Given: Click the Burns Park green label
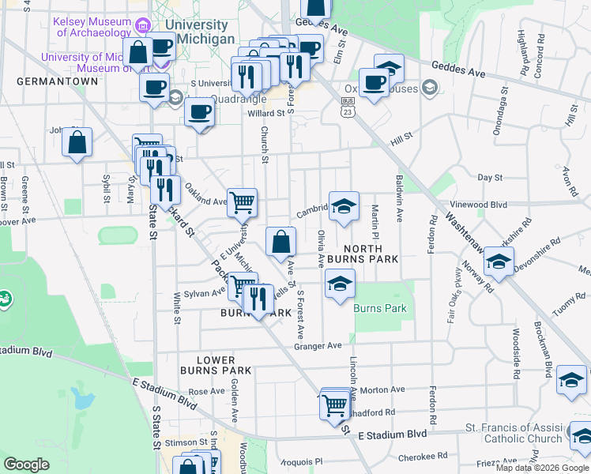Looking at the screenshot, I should (x=380, y=308).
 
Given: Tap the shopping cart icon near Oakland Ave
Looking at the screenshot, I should (x=243, y=202).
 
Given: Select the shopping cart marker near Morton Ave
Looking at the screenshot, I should (x=335, y=405).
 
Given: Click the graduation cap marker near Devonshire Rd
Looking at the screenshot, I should (x=499, y=262).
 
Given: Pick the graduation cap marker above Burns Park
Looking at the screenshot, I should (x=339, y=285).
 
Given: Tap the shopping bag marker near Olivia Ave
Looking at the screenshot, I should (x=281, y=242).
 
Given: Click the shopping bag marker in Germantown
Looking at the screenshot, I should (x=77, y=144).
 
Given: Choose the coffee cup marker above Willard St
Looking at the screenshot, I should (x=200, y=111).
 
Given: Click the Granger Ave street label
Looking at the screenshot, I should (x=318, y=346).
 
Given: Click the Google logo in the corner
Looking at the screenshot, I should (x=26, y=465).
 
